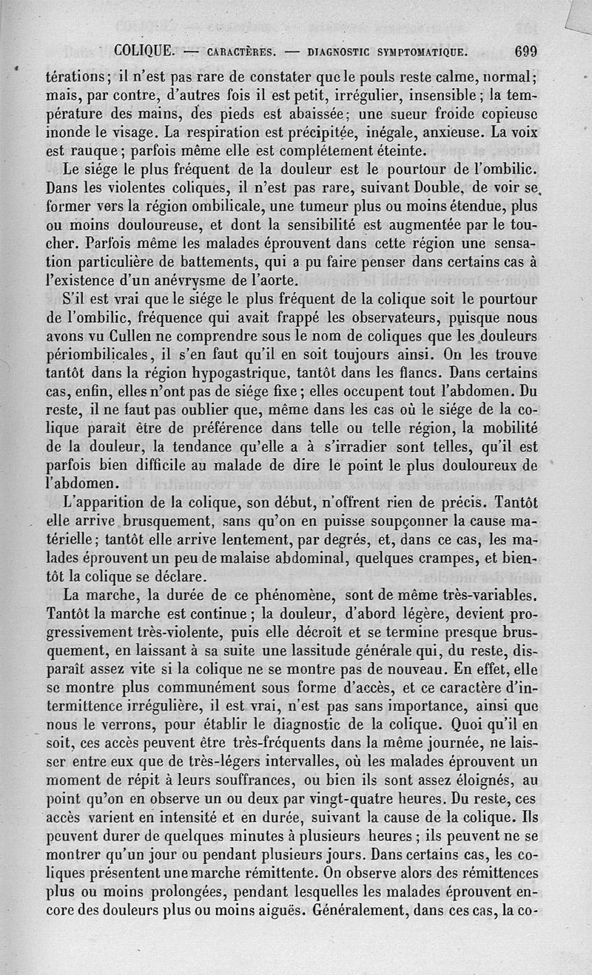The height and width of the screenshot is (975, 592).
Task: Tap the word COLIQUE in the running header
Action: [144, 52]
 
